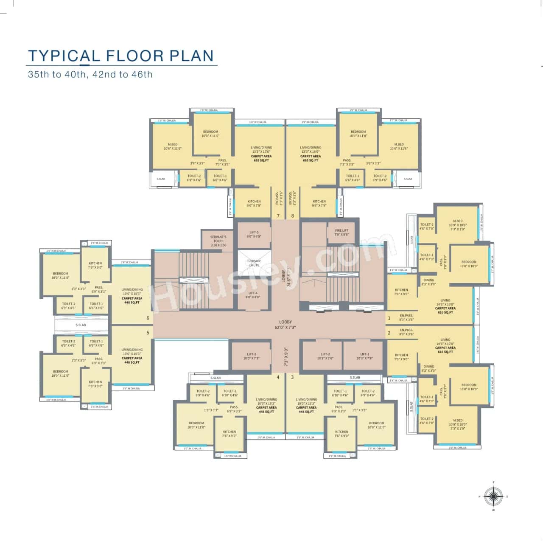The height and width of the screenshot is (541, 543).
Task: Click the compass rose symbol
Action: [x=493, y=496]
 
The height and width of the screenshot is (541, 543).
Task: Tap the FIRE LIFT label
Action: [x=341, y=233]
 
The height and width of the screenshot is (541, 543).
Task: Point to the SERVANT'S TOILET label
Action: [x=218, y=241]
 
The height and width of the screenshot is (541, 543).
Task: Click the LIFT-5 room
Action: [x=254, y=235]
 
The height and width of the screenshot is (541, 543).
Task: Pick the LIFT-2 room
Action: [x=325, y=356]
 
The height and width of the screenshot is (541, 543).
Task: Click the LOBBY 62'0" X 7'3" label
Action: [x=285, y=325]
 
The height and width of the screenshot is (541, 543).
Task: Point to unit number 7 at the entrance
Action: [x=278, y=216]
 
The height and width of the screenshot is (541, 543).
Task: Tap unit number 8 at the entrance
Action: [x=292, y=216]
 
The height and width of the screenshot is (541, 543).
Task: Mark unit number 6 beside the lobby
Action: [x=148, y=318]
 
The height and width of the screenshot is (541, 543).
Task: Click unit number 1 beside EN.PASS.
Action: [x=389, y=318]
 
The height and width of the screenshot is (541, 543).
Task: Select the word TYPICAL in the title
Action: [x=64, y=56]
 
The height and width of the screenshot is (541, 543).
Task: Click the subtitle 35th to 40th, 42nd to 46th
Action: [x=90, y=75]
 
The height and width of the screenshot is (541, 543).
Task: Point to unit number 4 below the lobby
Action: [x=278, y=377]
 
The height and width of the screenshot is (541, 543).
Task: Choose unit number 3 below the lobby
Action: [x=292, y=377]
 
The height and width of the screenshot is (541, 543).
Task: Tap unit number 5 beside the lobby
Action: [x=148, y=333]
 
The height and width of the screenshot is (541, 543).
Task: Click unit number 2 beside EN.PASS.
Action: [x=389, y=333]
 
